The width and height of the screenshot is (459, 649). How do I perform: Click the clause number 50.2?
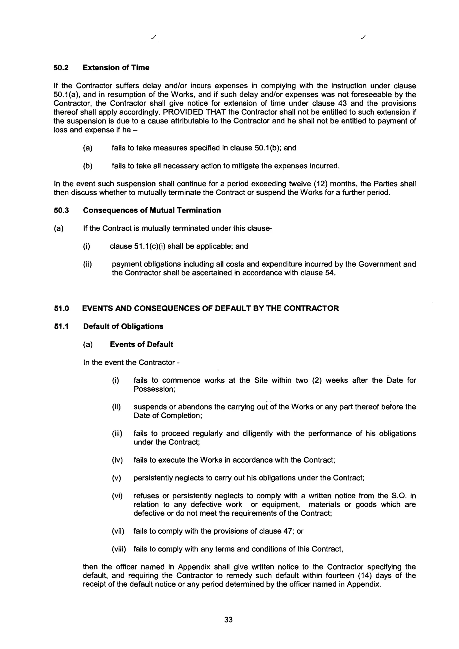click(61, 68)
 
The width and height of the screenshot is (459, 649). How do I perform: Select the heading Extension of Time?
click(116, 68)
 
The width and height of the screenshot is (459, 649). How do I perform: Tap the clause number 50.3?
click(61, 210)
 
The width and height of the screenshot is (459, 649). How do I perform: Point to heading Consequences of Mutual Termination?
click(152, 210)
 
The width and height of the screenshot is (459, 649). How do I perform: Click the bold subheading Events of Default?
click(141, 344)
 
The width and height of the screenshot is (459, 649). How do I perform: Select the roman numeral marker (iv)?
click(117, 460)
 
